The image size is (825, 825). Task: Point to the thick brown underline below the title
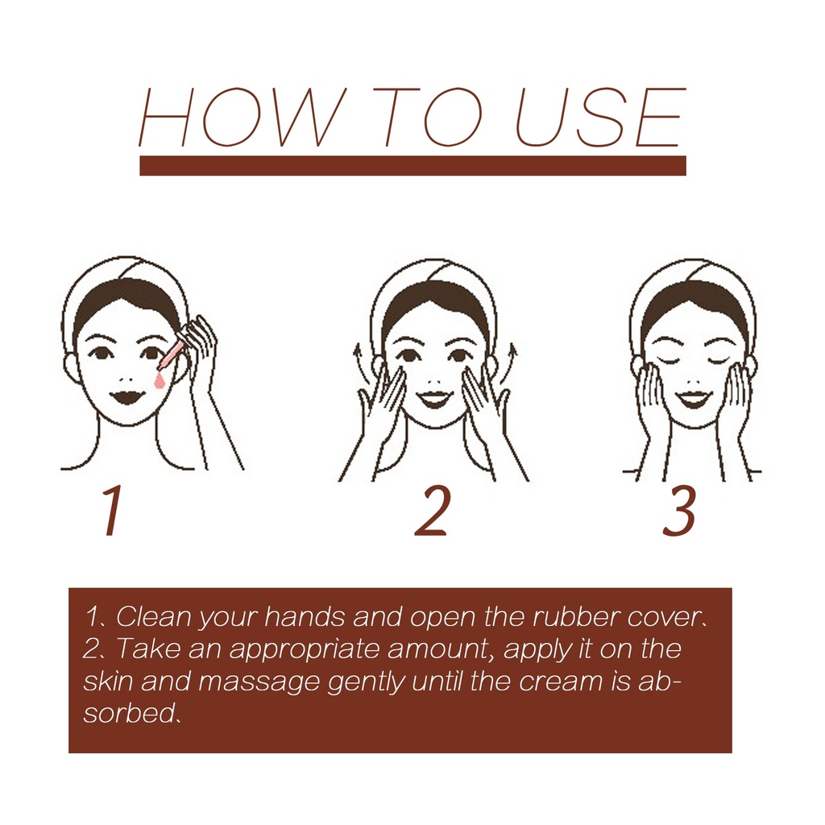tap(413, 165)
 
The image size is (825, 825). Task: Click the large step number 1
tap(112, 510)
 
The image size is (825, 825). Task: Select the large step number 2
tap(433, 510)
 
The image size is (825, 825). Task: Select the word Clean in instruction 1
tap(154, 616)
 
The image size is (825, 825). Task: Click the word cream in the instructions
tap(561, 682)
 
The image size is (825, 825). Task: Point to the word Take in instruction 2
tap(148, 648)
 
